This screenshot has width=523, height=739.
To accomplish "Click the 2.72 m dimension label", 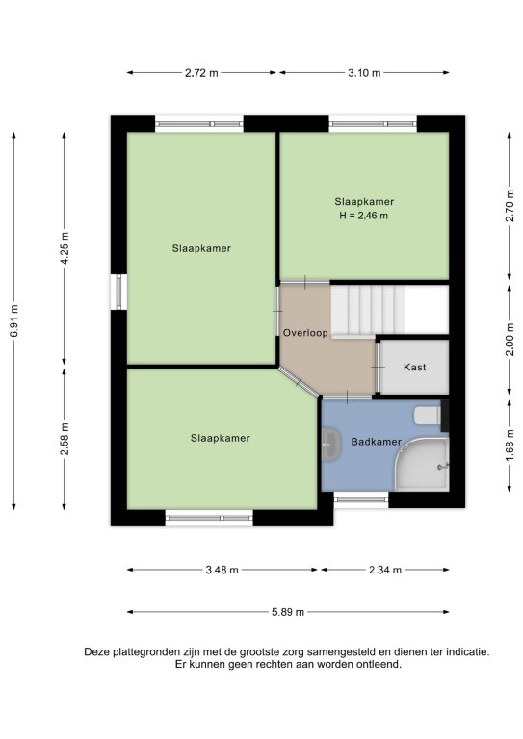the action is [201, 73].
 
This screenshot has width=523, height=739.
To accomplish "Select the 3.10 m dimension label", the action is [364, 73].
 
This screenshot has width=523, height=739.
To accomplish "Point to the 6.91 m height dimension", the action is [14, 320].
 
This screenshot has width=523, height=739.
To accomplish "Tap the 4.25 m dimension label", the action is [65, 248].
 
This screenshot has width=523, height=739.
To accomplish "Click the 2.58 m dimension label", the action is [65, 439].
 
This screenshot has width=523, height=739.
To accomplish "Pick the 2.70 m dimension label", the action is [510, 206].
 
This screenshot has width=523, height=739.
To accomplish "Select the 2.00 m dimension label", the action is [510, 340].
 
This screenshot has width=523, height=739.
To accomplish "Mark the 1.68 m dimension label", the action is [510, 446].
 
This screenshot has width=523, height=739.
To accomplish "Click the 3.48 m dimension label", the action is [222, 570].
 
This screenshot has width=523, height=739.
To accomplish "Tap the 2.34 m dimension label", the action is [385, 570].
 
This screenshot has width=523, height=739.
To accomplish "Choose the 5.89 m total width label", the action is [288, 612].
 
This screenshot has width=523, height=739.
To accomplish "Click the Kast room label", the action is [415, 367].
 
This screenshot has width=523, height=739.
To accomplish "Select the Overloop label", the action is [305, 333].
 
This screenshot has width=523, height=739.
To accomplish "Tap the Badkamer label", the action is [376, 442].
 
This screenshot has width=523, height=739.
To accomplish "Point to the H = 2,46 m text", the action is [364, 216].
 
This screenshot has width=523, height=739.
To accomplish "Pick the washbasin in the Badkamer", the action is [331, 444].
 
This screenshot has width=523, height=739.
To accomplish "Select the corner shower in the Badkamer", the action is [422, 464].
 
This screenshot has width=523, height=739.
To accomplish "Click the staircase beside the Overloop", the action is [368, 310].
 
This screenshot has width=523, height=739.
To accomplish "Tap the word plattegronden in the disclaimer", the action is [152, 652].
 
